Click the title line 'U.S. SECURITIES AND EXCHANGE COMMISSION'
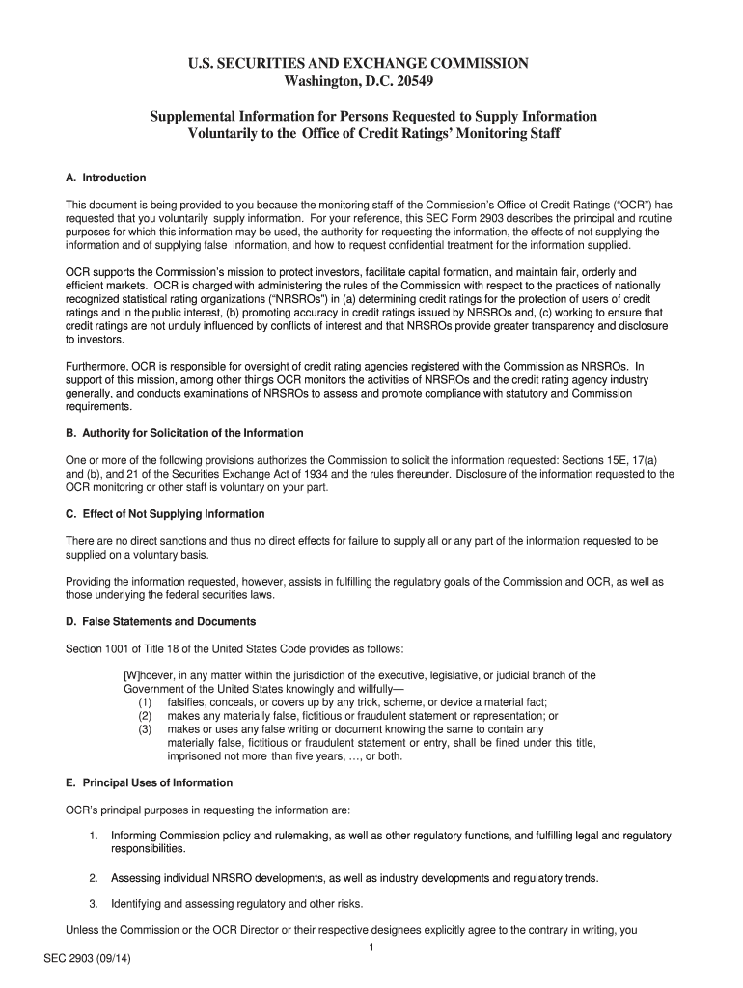[x=371, y=63]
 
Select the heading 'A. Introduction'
[x=105, y=178]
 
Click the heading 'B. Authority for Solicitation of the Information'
[x=184, y=433]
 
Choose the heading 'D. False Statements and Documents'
[x=160, y=621]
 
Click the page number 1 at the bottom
[x=371, y=948]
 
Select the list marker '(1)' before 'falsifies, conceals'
[x=146, y=702]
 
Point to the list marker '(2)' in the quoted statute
[x=146, y=716]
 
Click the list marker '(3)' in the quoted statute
[x=146, y=729]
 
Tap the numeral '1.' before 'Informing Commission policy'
[x=94, y=836]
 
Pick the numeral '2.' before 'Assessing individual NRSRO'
[x=94, y=878]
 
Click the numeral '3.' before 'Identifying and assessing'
[x=94, y=904]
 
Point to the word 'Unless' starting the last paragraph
[x=82, y=931]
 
